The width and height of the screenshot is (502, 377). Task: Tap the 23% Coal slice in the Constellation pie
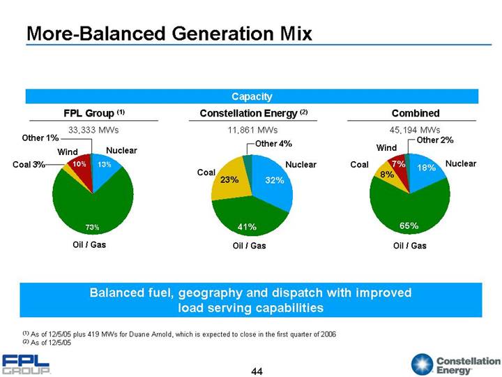pyautogui.click(x=230, y=179)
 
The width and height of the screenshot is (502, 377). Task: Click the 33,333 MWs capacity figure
pyautogui.click(x=93, y=130)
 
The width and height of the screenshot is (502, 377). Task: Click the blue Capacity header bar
pyautogui.click(x=251, y=96)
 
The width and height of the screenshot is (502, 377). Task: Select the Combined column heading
pyautogui.click(x=416, y=112)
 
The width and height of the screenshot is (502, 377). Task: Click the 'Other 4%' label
pyautogui.click(x=273, y=144)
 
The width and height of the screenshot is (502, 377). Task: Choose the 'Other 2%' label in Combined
pyautogui.click(x=435, y=140)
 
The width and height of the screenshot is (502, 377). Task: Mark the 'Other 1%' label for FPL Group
pyautogui.click(x=38, y=138)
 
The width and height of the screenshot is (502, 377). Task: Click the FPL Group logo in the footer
pyautogui.click(x=26, y=364)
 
